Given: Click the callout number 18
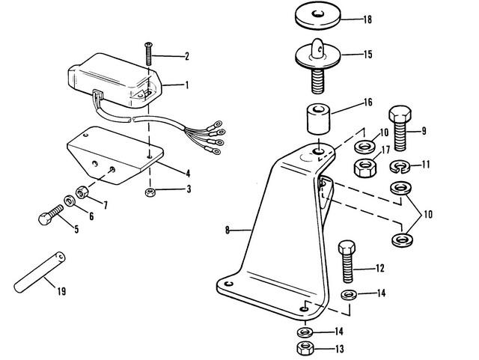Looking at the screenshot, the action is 367,19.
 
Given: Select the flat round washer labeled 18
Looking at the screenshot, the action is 317,17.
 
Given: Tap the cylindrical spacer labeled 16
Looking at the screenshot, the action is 319,119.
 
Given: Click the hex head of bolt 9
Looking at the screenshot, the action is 400,113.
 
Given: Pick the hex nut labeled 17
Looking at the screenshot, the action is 364,168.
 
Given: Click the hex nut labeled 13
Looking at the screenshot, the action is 306,348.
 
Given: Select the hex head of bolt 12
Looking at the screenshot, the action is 347,246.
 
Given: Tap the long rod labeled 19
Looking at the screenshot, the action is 40,271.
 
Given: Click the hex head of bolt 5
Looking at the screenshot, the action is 45,219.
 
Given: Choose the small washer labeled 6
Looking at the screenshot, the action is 70,201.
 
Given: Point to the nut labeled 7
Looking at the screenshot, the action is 82,192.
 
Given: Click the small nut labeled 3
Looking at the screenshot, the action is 150,192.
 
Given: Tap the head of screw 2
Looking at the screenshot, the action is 148,45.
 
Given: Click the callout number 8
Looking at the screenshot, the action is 228,230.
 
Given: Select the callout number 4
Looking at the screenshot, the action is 188,174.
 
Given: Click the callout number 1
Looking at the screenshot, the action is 187,85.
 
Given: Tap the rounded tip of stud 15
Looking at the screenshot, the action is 317,43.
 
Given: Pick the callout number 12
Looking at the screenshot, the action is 379,269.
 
